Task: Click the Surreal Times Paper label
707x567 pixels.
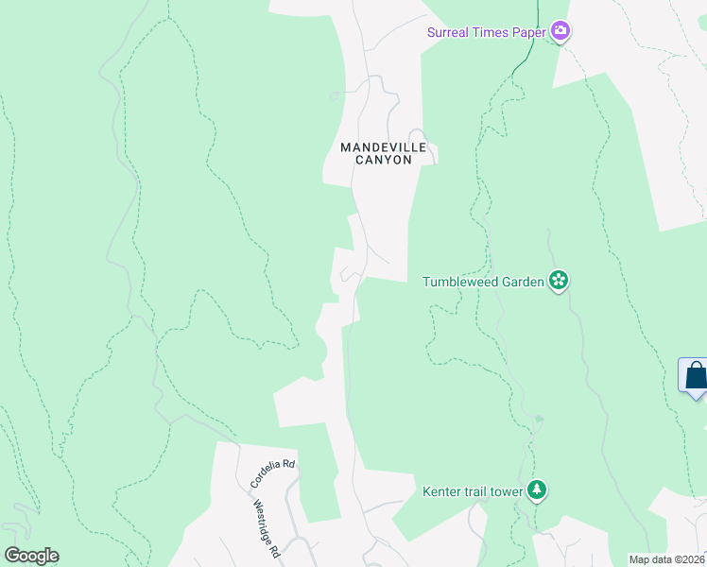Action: pos(487,33)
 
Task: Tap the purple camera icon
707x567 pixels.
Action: pos(561,33)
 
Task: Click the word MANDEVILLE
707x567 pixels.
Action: pos(384,147)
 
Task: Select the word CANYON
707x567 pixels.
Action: pos(384,161)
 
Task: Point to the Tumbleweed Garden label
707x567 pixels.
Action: pos(483,281)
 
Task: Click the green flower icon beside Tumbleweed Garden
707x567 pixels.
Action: pos(559,280)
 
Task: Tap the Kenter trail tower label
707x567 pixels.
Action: pos(473,490)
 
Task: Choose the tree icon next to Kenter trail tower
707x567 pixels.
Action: pos(537,490)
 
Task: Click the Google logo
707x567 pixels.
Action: pos(31,556)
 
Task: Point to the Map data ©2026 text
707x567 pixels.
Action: pos(666,559)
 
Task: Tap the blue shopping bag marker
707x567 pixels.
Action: pos(696,376)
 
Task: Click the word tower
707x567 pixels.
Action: pos(505,490)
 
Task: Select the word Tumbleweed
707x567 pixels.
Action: pos(459,281)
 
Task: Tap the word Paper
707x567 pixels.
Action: pos(528,33)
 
